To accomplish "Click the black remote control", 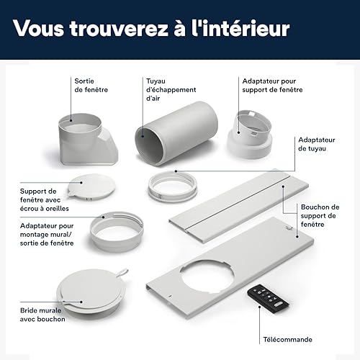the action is click(268, 297).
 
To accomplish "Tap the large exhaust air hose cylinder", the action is click(176, 133).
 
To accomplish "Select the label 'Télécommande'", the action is click(287, 340).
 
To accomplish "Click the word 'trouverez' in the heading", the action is click(119, 29).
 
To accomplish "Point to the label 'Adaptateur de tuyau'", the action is click(317, 144).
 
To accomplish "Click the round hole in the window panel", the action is click(207, 276).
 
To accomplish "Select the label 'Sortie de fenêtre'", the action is click(91, 86).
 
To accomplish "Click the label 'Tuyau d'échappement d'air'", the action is click(171, 89).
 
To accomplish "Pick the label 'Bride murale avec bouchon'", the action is click(42, 315).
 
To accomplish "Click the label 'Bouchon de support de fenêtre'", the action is click(320, 215).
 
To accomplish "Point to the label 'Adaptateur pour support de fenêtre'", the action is click(272, 86).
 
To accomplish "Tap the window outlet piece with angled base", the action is click(89, 139).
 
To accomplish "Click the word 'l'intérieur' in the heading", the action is click(240, 28).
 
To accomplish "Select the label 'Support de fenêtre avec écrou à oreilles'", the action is click(45, 199).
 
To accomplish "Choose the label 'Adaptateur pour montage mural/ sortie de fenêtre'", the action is click(47, 234).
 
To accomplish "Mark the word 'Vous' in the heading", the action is click(39, 28).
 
